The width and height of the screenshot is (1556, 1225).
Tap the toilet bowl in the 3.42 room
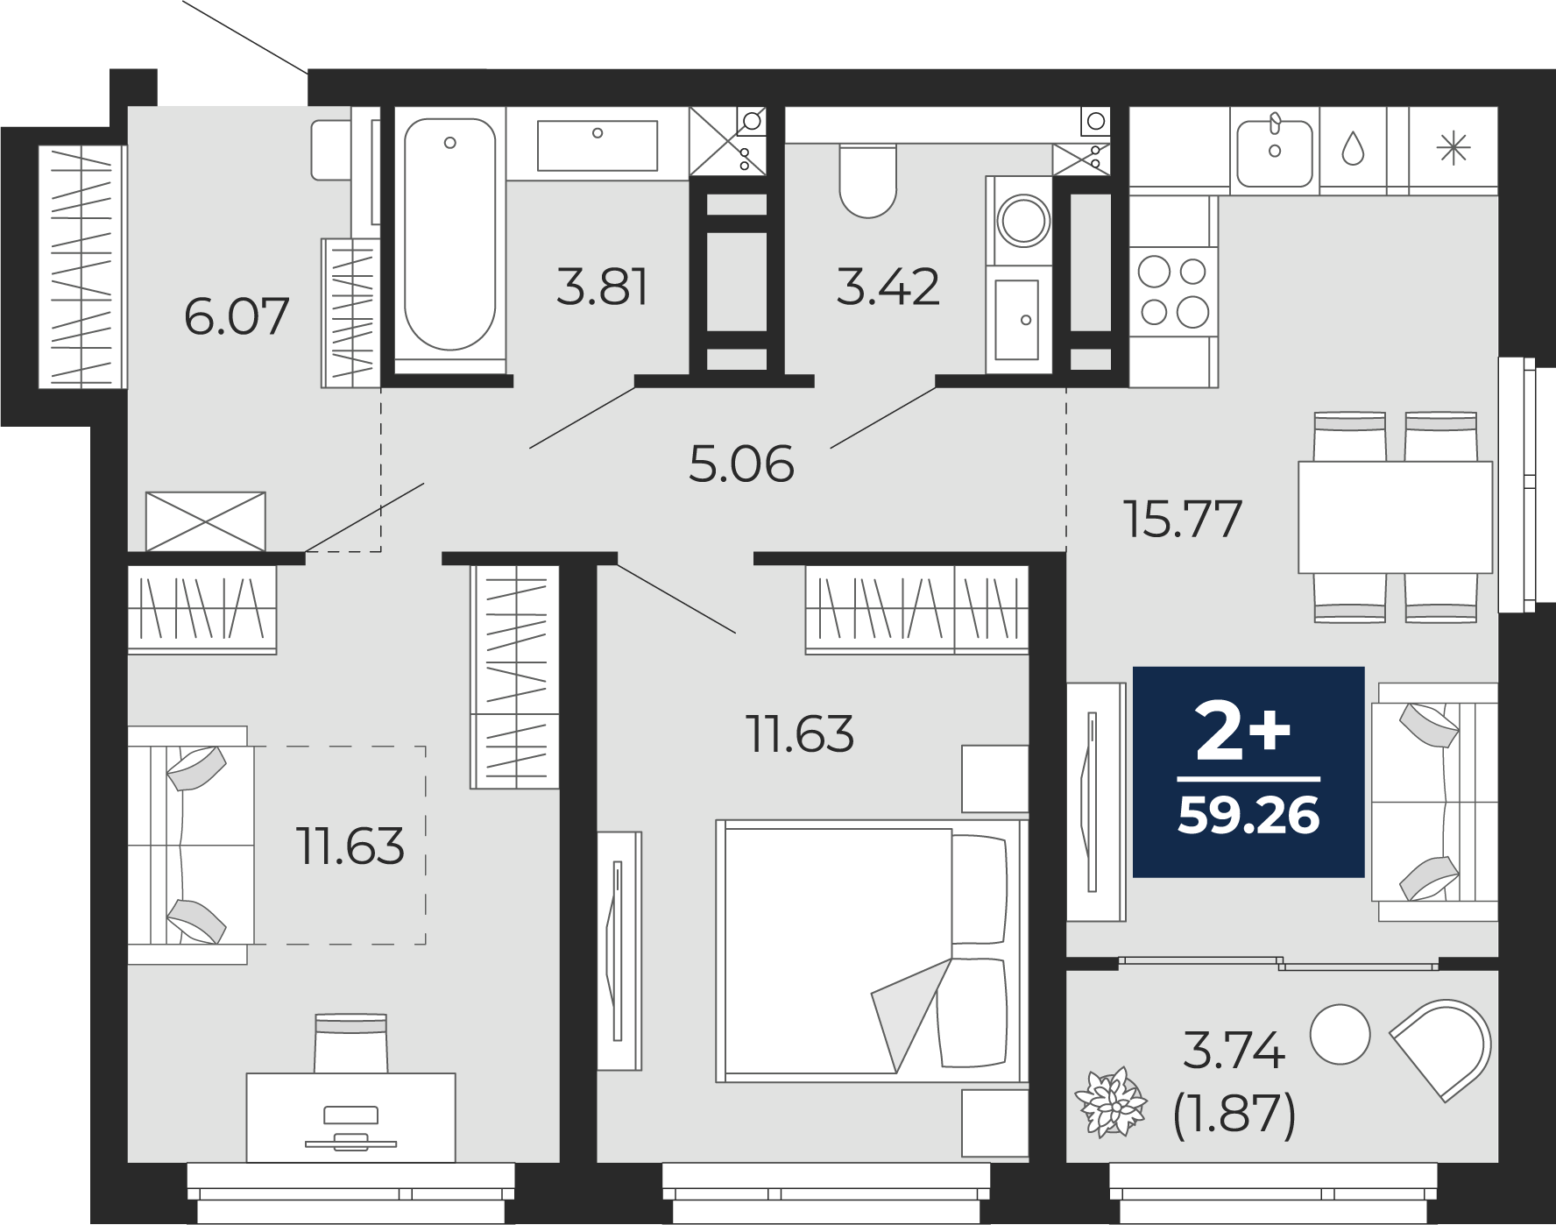867,180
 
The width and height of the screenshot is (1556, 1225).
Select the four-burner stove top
1173,292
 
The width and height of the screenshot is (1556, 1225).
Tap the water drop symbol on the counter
1354,148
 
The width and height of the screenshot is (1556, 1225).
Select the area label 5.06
741,464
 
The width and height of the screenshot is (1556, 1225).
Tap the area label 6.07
237,316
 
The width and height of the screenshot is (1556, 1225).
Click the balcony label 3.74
1234,1051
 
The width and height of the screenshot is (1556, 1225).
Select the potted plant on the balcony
1111,1102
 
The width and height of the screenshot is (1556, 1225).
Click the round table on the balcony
1340,1034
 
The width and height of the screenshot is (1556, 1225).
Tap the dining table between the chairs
1395,518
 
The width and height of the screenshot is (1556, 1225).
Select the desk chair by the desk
350,1043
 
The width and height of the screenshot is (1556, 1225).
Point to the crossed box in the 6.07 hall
205,521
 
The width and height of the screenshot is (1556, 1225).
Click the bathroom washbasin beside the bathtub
597,145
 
